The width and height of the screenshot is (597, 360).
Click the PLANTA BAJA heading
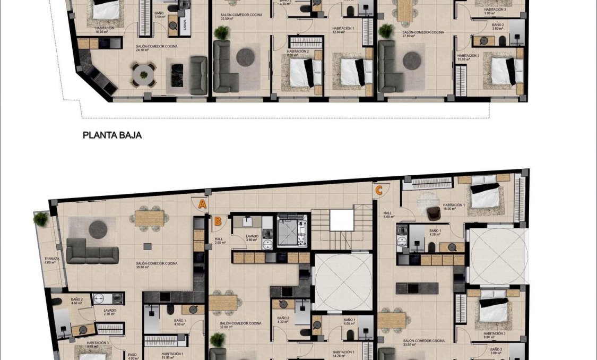coord(112,135)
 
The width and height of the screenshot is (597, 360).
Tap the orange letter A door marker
coord(202,203)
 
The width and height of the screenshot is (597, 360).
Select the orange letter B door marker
coord(218,222)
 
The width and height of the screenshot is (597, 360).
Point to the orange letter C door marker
coord(379,190)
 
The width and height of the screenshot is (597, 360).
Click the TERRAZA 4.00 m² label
coord(52,261)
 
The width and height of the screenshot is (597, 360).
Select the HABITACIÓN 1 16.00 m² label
coord(454,207)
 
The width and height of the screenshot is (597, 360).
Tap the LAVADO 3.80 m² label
coord(252,238)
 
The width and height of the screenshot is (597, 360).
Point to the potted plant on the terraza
coord(40,218)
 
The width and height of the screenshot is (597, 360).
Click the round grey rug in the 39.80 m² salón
coord(98,229)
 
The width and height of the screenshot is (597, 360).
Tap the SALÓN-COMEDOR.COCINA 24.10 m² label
coord(156,48)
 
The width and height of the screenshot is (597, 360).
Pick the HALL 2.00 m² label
coord(219,241)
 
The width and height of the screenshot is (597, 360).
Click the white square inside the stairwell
coord(341,220)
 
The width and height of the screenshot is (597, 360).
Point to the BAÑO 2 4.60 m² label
coord(77,301)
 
